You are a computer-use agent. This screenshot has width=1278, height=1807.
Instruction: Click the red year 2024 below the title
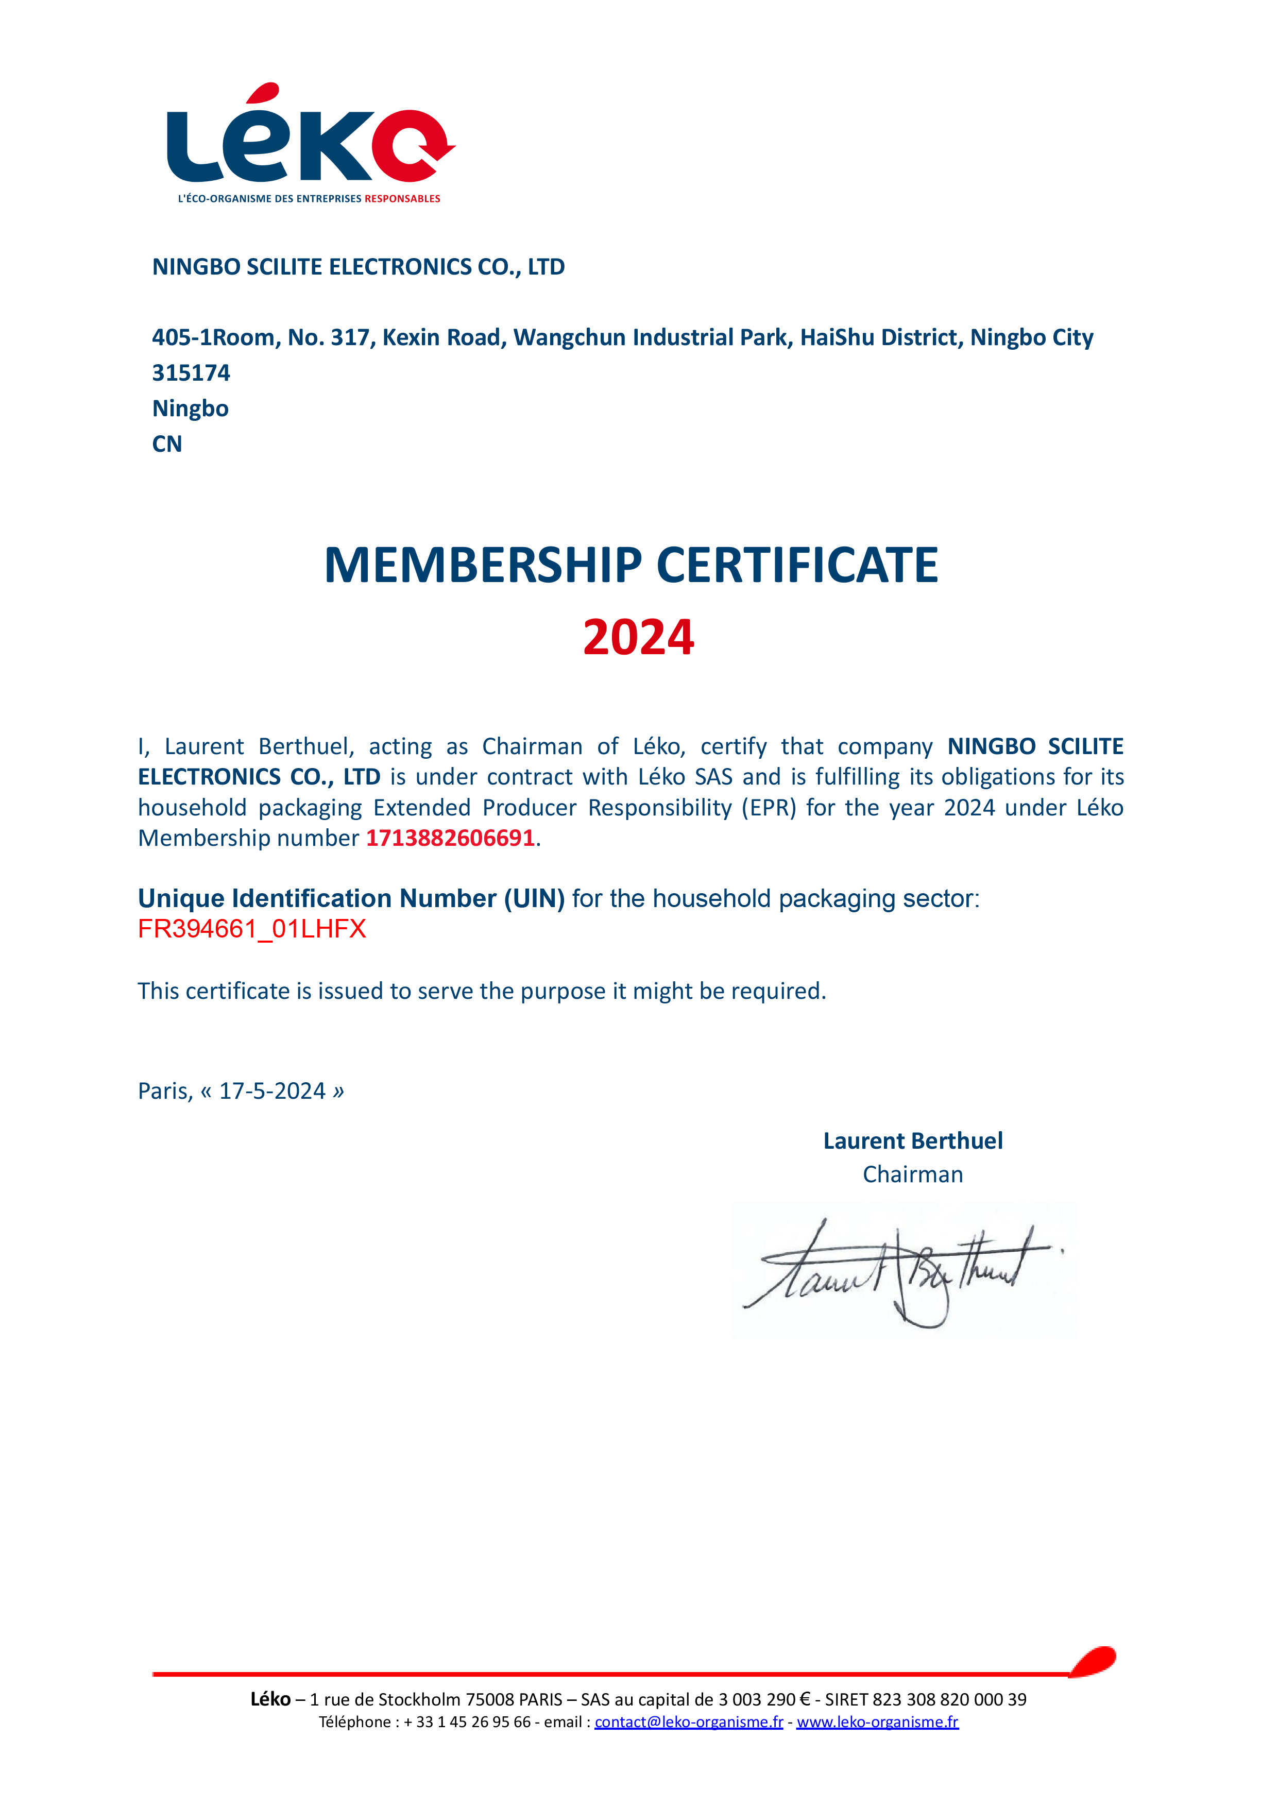[x=638, y=638]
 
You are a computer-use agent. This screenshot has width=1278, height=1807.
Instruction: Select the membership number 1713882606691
[x=450, y=838]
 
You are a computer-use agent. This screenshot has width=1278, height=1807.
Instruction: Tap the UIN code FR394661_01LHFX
[x=252, y=929]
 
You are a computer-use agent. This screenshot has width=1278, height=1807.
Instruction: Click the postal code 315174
[x=191, y=373]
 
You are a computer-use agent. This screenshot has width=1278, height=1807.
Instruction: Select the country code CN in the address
[x=167, y=444]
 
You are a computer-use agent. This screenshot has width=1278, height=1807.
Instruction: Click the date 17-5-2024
[x=272, y=1091]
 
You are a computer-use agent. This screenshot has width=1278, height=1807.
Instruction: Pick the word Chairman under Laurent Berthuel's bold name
[x=913, y=1174]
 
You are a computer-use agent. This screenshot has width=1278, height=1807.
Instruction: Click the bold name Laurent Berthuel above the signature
[x=913, y=1141]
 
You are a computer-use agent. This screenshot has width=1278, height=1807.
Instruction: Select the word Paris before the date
[x=164, y=1091]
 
